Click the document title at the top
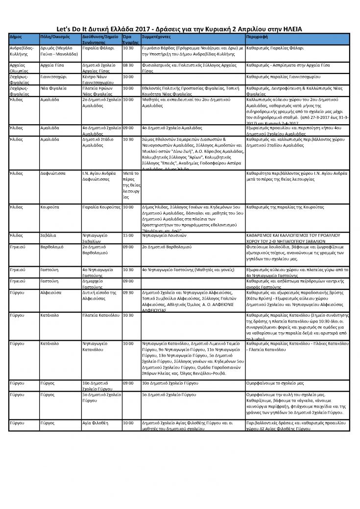pos(180,29)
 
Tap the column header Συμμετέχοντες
pos(156,37)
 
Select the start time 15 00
pos(128,235)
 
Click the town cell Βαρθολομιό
pos(54,248)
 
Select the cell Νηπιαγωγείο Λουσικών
pos(166,235)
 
